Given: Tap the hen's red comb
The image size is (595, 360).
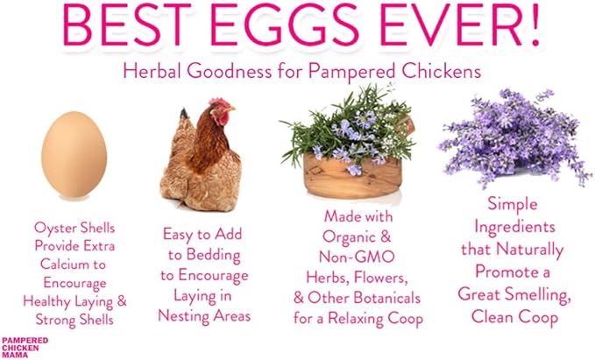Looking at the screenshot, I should [x=222, y=104].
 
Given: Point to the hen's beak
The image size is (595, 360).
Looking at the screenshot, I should [x=233, y=116].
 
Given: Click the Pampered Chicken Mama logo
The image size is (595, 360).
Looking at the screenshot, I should [x=25, y=345].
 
